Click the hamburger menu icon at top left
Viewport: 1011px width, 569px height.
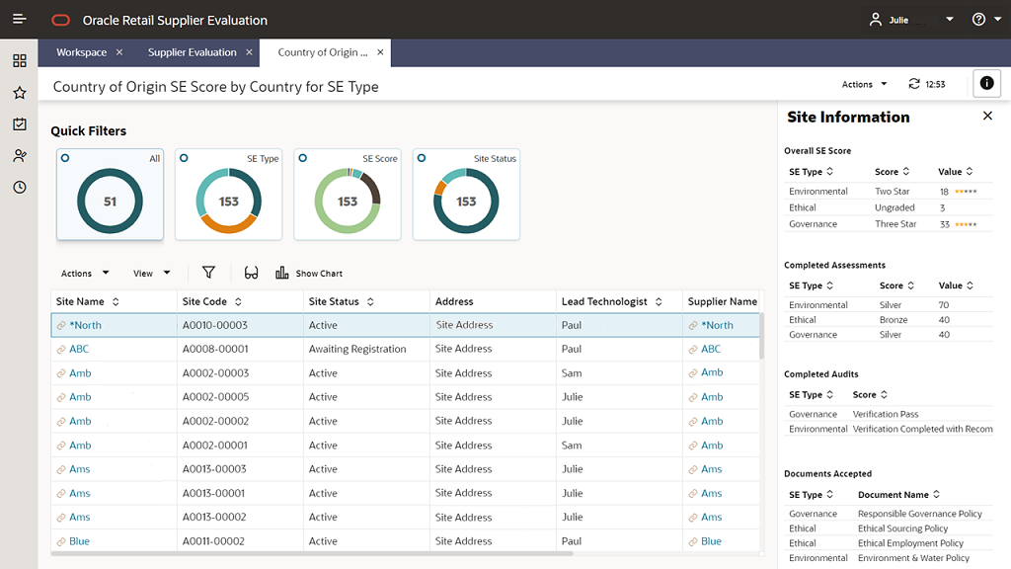(20, 20)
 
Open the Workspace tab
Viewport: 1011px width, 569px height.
(81, 52)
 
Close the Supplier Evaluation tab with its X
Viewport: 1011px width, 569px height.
(249, 52)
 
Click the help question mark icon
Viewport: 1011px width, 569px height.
(978, 20)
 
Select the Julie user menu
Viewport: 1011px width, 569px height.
(910, 20)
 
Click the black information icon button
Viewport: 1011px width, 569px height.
(986, 84)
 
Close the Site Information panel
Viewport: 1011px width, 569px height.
(987, 117)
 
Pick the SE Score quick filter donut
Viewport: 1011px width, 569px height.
(348, 202)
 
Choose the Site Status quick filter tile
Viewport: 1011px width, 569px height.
(466, 196)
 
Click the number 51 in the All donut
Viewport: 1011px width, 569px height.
(110, 202)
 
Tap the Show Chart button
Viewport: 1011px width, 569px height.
(309, 274)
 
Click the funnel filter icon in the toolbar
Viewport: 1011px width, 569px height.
(208, 273)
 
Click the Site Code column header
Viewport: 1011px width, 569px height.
(204, 301)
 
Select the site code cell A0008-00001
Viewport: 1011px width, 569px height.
(215, 349)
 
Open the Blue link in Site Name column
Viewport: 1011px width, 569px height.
(79, 541)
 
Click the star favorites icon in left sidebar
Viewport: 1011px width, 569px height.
(20, 93)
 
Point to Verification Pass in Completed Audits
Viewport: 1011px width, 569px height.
(885, 414)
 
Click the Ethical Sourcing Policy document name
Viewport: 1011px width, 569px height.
(902, 528)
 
